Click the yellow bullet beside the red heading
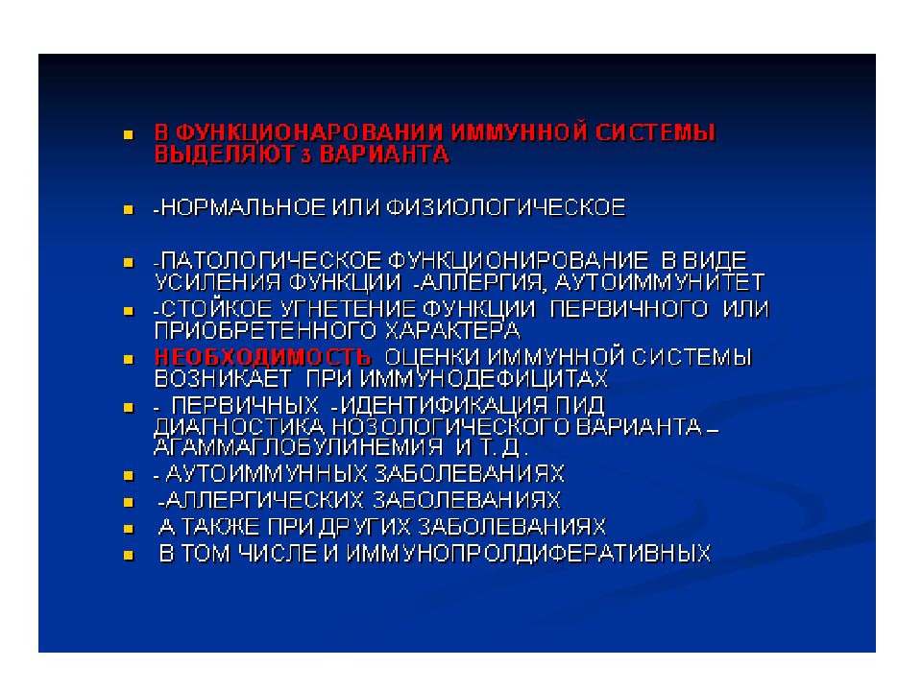[x=128, y=132]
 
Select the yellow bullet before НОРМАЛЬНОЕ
[x=128, y=207]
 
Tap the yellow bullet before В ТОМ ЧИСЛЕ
[x=128, y=555]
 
